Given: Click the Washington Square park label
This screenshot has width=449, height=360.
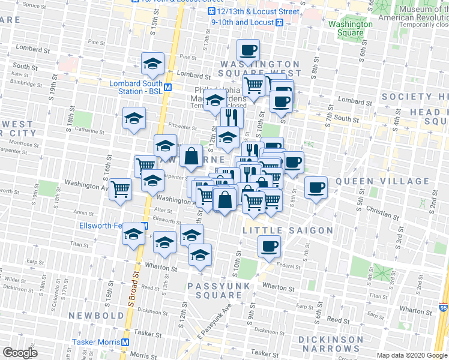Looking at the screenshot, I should point(351,29).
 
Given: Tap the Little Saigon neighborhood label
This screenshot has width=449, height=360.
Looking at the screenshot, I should point(288,230).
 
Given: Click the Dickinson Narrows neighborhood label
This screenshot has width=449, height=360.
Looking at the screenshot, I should point(327,343).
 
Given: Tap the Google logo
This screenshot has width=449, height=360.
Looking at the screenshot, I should point(20,353).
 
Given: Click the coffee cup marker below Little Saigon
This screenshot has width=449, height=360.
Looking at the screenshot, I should point(269,245).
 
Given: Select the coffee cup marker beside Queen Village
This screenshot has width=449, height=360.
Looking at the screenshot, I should point(316,188).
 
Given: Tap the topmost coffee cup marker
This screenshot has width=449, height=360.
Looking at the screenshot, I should point(248,50).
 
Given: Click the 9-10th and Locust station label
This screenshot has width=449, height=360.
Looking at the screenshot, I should point(243,22).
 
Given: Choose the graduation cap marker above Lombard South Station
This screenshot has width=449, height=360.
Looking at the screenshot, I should point(153,62).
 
